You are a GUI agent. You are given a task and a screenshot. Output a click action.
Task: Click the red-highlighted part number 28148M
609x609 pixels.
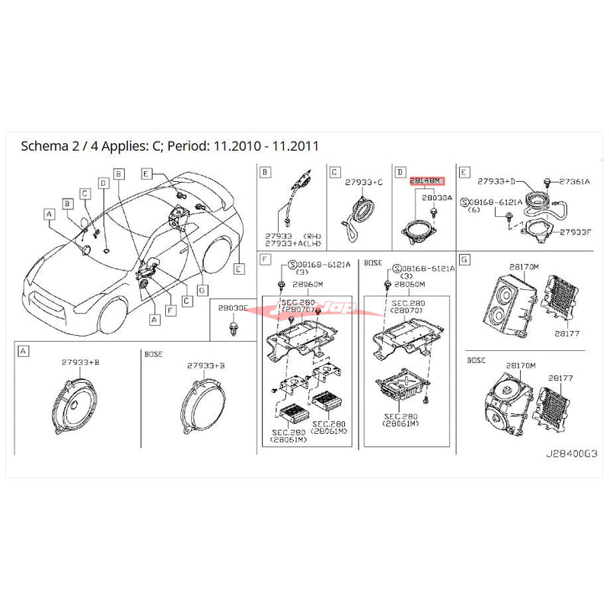pyautogui.click(x=425, y=181)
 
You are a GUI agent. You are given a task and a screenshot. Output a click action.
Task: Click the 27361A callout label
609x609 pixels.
pyautogui.click(x=576, y=182)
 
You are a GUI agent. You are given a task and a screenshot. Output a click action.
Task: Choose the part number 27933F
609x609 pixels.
pyautogui.click(x=575, y=231)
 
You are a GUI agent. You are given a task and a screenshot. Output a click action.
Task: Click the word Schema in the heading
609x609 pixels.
pyautogui.click(x=43, y=145)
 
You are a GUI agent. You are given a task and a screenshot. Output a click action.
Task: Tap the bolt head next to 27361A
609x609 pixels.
pyautogui.click(x=547, y=181)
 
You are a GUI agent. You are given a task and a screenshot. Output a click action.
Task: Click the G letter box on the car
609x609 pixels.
pyautogui.click(x=202, y=289)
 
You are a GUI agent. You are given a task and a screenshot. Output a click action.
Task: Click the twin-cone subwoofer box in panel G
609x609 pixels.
pyautogui.click(x=505, y=307)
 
